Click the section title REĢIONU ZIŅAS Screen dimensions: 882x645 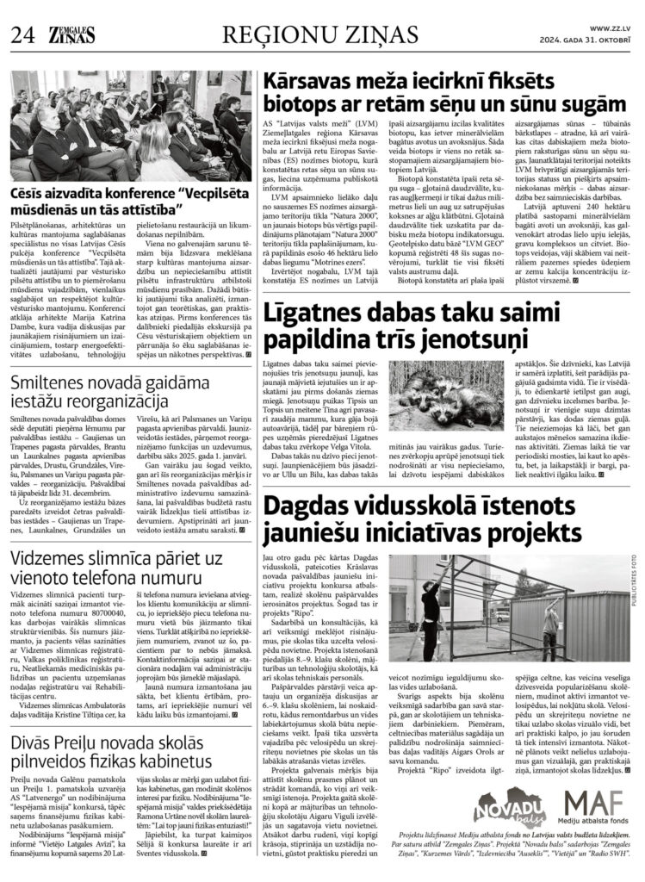[321, 35]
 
